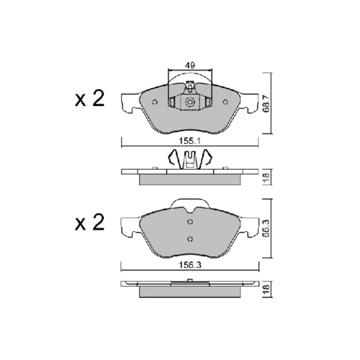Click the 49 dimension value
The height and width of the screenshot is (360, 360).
click(x=190, y=66)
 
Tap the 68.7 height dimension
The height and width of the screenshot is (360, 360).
click(x=266, y=104)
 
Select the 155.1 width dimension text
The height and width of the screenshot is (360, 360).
click(x=190, y=141)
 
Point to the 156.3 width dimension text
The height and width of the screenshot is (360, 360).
click(x=190, y=265)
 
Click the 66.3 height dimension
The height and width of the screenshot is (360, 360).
click(x=266, y=228)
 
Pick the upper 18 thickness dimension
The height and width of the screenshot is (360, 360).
click(x=266, y=177)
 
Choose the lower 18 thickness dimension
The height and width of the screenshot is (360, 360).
click(x=266, y=290)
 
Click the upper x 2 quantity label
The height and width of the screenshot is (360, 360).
click(x=89, y=99)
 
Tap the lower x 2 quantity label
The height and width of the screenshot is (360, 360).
click(x=89, y=222)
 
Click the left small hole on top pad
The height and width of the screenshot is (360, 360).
click(x=155, y=102)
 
